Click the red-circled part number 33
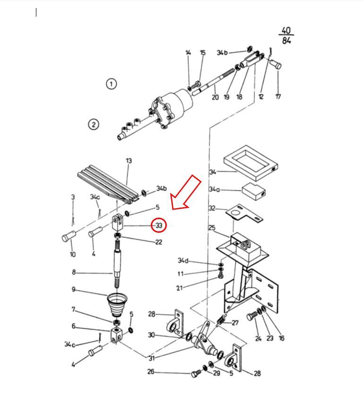tap(159, 225)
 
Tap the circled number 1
tap(111, 84)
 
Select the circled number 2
tap(94, 124)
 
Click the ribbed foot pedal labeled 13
tap(108, 184)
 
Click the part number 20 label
tap(215, 97)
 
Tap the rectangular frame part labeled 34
tap(251, 163)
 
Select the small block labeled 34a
tap(253, 191)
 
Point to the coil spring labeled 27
tap(221, 321)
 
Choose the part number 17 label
tap(278, 97)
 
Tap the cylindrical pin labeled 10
tap(69, 236)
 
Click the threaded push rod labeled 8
tap(117, 264)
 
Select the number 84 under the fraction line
tap(286, 40)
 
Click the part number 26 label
tap(151, 372)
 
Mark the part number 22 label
tap(158, 242)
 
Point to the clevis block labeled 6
tap(117, 335)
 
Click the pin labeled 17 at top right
tap(276, 64)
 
